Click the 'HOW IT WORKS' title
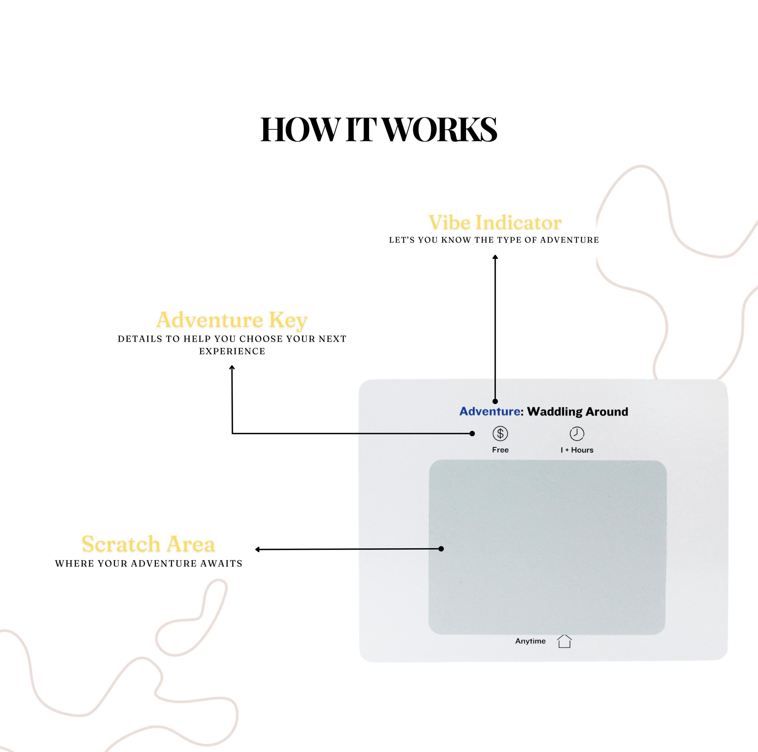[379, 130]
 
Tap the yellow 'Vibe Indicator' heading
[495, 222]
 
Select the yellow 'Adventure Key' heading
[232, 320]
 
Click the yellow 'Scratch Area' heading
[148, 544]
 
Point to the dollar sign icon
[500, 433]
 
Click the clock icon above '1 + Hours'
[577, 433]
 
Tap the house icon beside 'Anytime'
[564, 641]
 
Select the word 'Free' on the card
[500, 450]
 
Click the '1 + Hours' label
[577, 450]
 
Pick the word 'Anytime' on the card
[530, 641]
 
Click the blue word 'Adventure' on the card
[490, 412]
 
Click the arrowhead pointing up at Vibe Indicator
[495, 257]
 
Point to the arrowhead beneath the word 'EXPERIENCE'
[232, 368]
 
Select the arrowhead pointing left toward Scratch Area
[258, 549]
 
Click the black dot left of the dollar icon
[472, 433]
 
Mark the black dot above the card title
[495, 401]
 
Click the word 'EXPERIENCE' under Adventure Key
[232, 351]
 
